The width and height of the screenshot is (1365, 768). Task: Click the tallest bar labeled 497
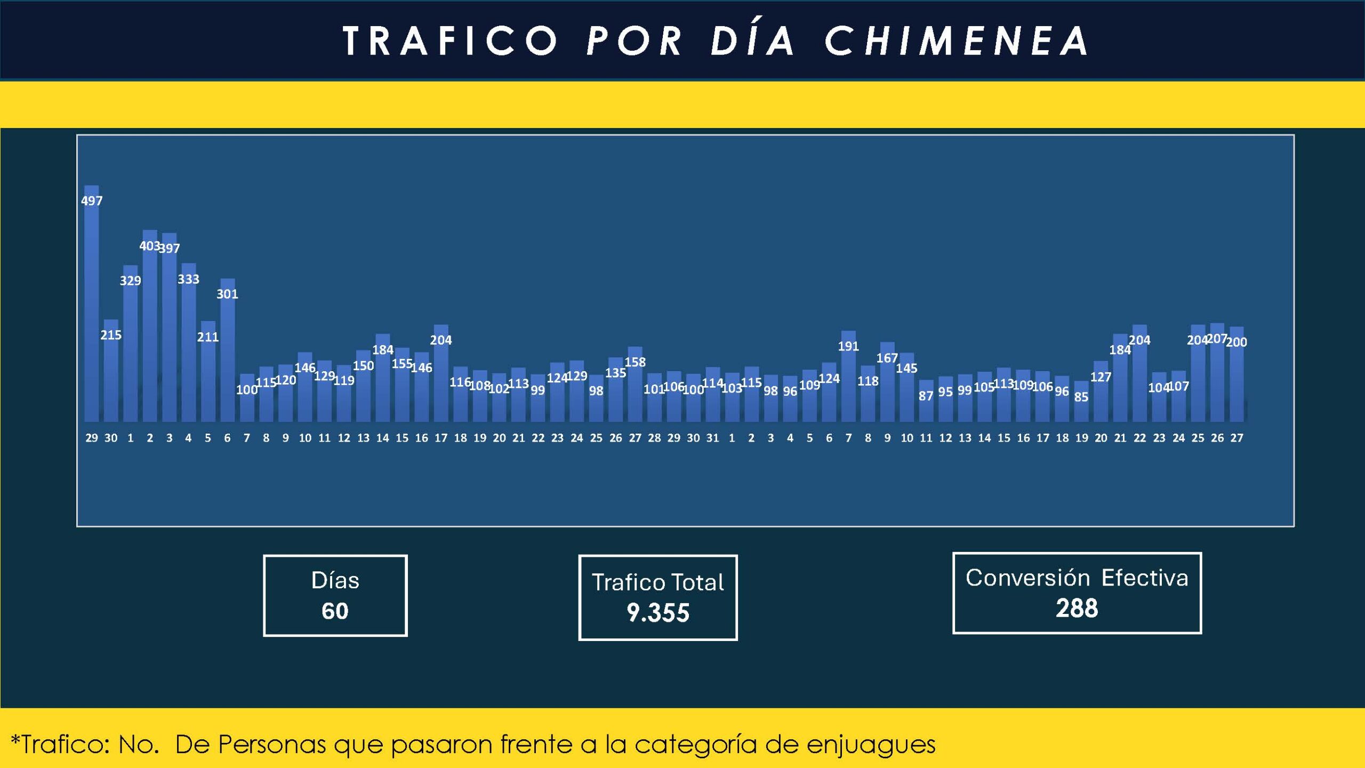(x=92, y=304)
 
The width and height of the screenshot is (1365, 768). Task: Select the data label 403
(x=149, y=246)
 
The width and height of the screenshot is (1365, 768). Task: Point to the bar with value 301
(x=227, y=352)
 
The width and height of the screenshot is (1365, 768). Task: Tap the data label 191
(x=848, y=347)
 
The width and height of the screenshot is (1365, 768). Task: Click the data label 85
(x=1081, y=397)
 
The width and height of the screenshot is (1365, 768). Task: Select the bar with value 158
(x=635, y=387)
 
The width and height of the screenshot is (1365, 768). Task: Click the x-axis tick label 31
(x=712, y=438)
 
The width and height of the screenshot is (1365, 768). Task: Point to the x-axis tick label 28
(x=654, y=438)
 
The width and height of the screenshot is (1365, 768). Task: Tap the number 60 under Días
(x=335, y=611)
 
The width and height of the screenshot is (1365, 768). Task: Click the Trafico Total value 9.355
(x=658, y=613)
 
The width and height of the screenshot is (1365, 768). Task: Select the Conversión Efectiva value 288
(x=1077, y=608)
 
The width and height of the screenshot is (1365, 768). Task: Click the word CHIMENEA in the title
(x=957, y=41)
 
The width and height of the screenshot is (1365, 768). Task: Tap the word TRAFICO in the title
(x=451, y=41)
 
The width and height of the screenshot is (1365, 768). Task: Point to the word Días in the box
(x=335, y=580)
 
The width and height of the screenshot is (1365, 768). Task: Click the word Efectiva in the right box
(x=1145, y=578)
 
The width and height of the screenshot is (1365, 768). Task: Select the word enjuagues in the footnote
(x=871, y=745)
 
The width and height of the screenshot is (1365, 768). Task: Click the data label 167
(x=887, y=358)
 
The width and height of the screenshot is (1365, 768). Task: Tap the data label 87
(x=926, y=396)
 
